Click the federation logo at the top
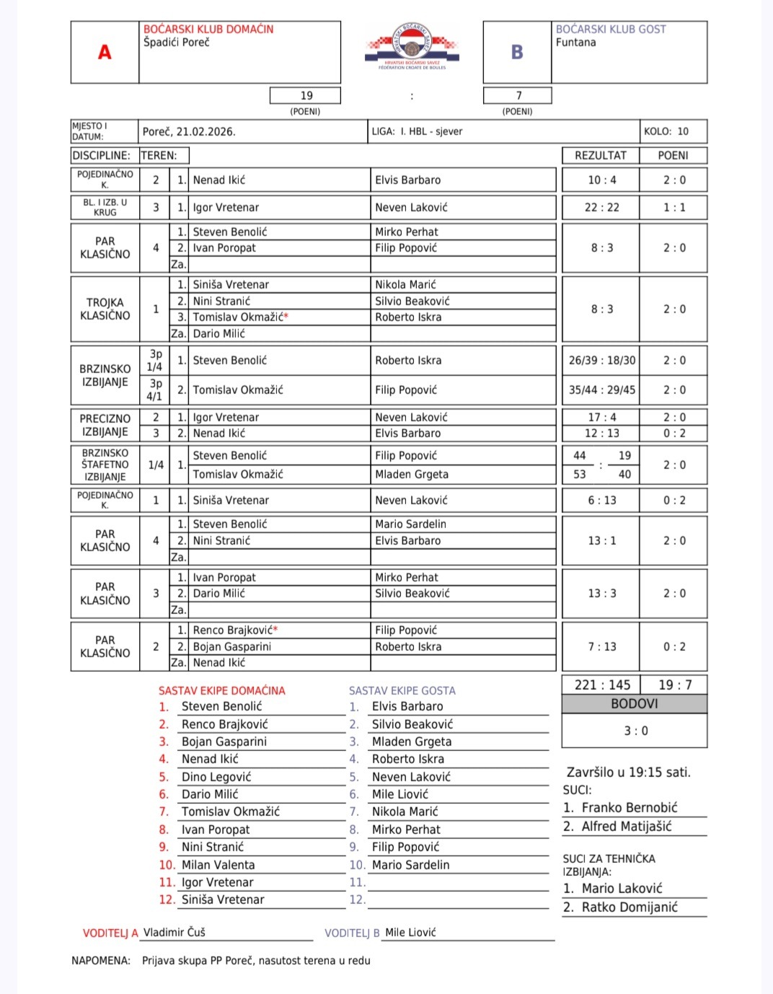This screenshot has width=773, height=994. (412, 45)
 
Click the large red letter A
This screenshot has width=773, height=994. (105, 52)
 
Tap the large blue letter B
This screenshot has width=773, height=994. (517, 52)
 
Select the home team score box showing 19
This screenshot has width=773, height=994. (306, 95)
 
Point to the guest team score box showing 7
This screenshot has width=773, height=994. (518, 95)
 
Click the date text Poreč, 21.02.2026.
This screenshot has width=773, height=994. (189, 131)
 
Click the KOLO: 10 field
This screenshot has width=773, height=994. (666, 131)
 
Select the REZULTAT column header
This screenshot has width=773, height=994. (600, 155)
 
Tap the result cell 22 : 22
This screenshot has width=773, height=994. (601, 207)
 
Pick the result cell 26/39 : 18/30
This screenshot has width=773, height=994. (601, 360)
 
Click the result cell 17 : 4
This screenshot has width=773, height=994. (601, 417)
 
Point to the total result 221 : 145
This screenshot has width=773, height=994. (602, 685)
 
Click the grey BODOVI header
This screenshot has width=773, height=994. (634, 703)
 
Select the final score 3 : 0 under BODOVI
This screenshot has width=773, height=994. (635, 731)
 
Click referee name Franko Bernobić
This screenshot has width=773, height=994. (629, 808)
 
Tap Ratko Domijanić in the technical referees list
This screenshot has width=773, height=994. (629, 907)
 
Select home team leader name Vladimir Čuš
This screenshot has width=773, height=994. (175, 932)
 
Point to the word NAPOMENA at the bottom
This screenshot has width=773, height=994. (101, 960)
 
